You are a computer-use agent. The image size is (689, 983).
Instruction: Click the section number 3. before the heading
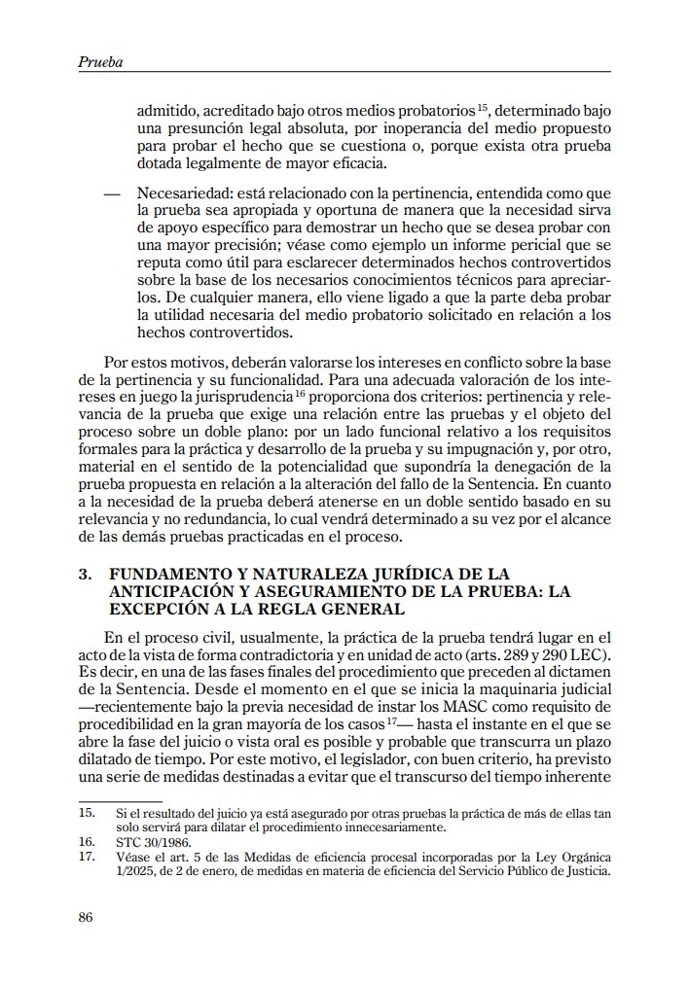[85, 574]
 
